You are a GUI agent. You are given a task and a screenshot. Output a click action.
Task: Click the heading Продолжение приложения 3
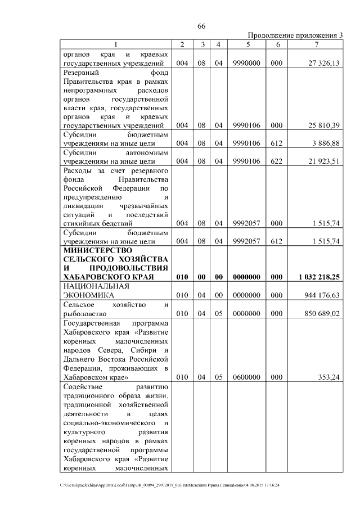click(x=295, y=35)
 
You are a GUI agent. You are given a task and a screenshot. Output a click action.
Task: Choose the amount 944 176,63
click(x=321, y=295)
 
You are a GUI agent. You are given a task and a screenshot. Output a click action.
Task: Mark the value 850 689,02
click(x=321, y=313)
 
